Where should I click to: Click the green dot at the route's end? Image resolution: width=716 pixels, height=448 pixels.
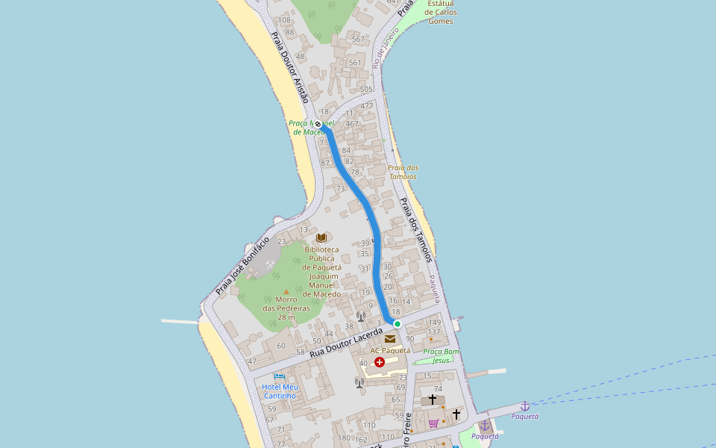pos(398,323)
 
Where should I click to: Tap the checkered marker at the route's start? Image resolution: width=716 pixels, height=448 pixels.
pos(318,124)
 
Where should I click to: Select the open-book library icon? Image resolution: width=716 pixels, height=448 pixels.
pos(321,237)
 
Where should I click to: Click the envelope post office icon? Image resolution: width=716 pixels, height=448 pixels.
pos(390,339)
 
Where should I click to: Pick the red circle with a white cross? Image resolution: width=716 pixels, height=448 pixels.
pos(380,362)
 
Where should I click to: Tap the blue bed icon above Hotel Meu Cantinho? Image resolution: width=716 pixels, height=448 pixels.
pos(280,376)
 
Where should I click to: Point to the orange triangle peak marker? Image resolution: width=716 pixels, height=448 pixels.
pos(286,292)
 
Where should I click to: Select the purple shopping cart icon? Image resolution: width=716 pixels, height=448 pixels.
pos(433,423)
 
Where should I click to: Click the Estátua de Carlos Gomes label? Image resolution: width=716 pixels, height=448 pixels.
pos(441,12)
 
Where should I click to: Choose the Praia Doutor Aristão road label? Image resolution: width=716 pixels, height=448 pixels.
pos(289,67)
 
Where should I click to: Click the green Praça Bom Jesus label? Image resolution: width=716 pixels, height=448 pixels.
pos(441,355)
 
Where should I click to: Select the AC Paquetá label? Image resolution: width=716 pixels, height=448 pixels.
pos(390,350)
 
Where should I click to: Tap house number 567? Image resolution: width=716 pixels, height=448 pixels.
pos(358,39)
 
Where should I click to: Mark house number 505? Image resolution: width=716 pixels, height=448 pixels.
pos(365,90)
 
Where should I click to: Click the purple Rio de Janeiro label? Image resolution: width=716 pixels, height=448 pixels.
pos(386,49)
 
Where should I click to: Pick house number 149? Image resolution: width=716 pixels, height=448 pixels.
pos(435,323)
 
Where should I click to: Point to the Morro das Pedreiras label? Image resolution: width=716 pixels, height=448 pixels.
pos(286,308)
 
